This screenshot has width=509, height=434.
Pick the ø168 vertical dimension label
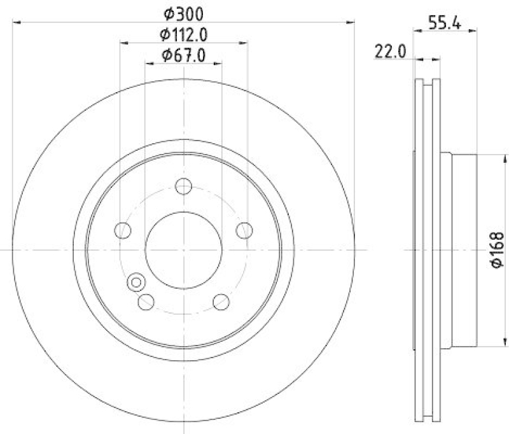click(498, 249)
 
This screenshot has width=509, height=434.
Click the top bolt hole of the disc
click(183, 187)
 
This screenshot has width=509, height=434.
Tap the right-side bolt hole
click(244, 230)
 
